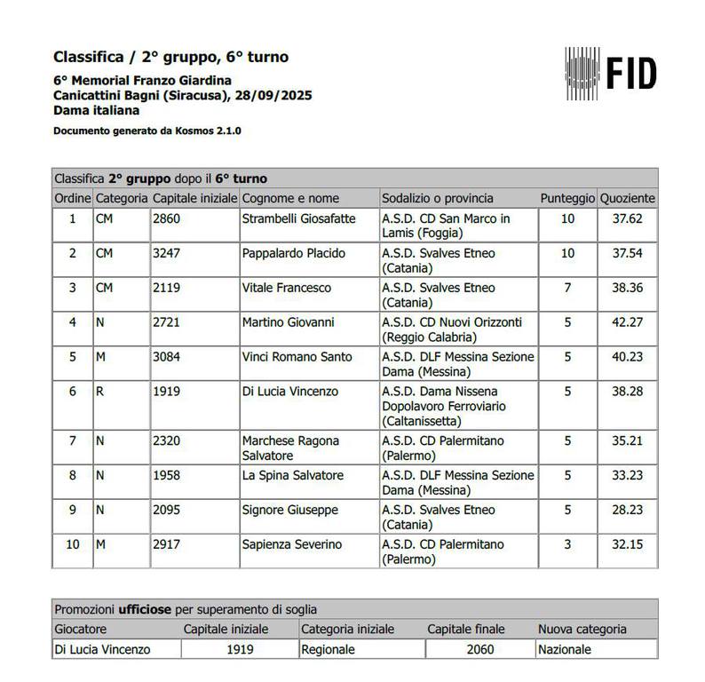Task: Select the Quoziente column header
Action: tap(628, 198)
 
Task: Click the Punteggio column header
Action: tap(567, 198)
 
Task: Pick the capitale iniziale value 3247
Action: tap(167, 253)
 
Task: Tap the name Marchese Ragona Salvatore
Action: tap(290, 448)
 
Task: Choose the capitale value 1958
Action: tap(167, 475)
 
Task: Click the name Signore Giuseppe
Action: tap(289, 510)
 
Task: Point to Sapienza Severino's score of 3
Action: tap(567, 544)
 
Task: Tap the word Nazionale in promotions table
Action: tap(564, 649)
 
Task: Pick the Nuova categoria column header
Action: tap(582, 629)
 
